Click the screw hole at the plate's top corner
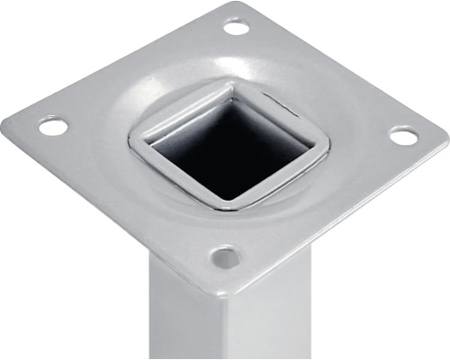pyautogui.click(x=236, y=27)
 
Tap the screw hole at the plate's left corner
pyautogui.click(x=53, y=126)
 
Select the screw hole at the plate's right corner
pyautogui.click(x=403, y=136)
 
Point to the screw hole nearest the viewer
pyautogui.click(x=225, y=257)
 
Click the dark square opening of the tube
pyautogui.click(x=229, y=148)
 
